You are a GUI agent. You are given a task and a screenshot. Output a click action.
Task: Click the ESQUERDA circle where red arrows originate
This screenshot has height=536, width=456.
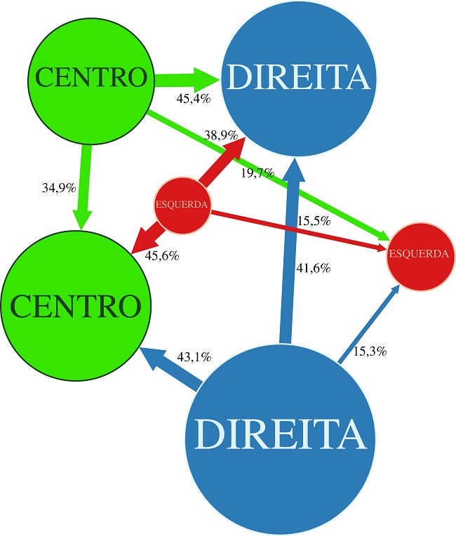[x=182, y=205]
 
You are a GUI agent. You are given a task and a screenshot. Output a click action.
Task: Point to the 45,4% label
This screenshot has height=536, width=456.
[x=194, y=99]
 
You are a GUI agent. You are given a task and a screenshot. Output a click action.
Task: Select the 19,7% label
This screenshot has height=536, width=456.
[x=257, y=173]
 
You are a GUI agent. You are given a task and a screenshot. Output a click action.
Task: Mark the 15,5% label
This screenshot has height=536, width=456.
[x=314, y=221]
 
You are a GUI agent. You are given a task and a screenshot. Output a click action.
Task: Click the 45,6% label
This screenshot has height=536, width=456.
[x=162, y=256]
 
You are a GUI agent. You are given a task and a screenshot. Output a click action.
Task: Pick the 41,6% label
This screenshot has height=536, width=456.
[x=313, y=268]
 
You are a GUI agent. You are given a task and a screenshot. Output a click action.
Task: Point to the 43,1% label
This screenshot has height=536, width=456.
[x=194, y=357]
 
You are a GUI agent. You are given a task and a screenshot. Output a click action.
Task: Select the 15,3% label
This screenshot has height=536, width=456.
[x=369, y=351]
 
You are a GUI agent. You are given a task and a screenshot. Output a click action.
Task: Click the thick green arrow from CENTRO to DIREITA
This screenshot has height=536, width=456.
[x=186, y=78]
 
